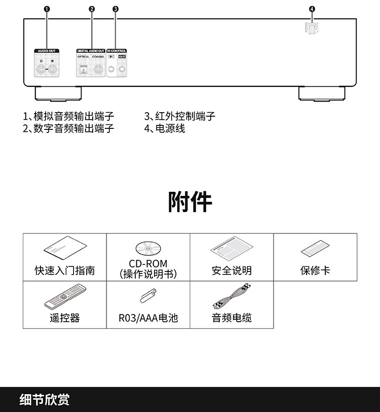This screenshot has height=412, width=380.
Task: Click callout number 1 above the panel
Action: tap(47, 9)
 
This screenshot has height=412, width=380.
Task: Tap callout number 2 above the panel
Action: tap(92, 9)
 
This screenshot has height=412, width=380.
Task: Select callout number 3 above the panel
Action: tap(116, 9)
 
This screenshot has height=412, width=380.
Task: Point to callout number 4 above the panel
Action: tap(312, 9)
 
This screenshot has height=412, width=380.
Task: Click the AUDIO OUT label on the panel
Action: tap(47, 51)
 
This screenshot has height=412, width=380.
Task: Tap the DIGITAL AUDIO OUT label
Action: tap(91, 51)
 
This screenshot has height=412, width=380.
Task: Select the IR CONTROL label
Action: tap(117, 51)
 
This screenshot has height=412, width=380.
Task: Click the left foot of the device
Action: tap(58, 93)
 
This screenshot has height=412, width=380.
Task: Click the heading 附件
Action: tap(190, 202)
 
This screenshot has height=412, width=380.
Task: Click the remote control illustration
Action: tap(65, 297)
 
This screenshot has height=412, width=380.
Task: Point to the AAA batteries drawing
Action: tap(148, 295)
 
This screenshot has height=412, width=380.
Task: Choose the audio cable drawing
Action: tap(232, 297)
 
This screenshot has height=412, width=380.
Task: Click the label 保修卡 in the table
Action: tap(315, 270)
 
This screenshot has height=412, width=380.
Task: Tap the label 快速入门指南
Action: tap(65, 270)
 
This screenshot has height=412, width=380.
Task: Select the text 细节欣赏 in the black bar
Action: tap(45, 399)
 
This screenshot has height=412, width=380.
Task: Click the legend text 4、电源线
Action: tap(165, 128)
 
